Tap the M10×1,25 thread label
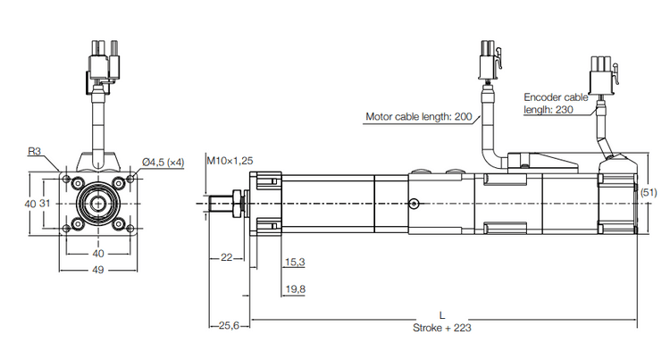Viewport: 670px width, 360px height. pyautogui.click(x=230, y=161)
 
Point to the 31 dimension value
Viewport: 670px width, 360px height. pyautogui.click(x=45, y=204)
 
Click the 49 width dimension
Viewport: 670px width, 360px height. pyautogui.click(x=98, y=272)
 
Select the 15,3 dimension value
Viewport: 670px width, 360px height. pyautogui.click(x=294, y=262)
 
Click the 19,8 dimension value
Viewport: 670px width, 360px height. pyautogui.click(x=294, y=289)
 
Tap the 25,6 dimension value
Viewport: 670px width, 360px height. pyautogui.click(x=227, y=325)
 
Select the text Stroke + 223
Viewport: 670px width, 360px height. pyautogui.click(x=441, y=328)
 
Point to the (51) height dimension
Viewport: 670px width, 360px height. pyautogui.click(x=649, y=192)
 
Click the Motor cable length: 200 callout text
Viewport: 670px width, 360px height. pyautogui.click(x=419, y=116)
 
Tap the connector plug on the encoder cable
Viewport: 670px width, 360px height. pyautogui.click(x=602, y=73)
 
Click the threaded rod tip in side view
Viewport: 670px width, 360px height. pyautogui.click(x=216, y=203)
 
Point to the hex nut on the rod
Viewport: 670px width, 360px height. pyautogui.click(x=236, y=203)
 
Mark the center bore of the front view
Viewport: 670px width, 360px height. pyautogui.click(x=98, y=203)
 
